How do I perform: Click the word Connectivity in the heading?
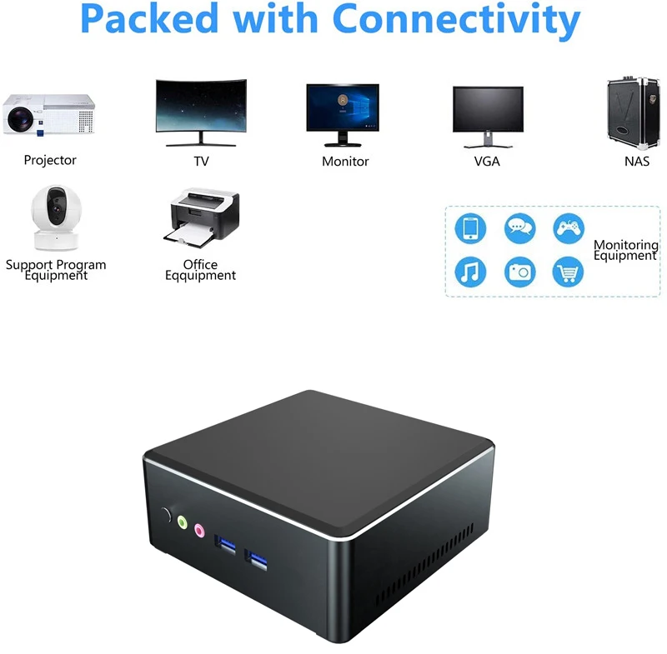click(455, 20)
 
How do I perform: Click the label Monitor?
click(345, 162)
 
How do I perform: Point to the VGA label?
click(487, 162)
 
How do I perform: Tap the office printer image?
click(201, 218)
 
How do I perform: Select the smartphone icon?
click(470, 227)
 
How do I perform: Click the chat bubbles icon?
click(519, 227)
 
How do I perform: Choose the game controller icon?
click(569, 227)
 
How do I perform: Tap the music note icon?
click(470, 272)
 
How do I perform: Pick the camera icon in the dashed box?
click(519, 272)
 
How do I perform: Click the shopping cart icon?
click(569, 272)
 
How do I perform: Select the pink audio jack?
click(199, 529)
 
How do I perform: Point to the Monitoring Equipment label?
click(625, 251)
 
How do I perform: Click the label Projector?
click(50, 160)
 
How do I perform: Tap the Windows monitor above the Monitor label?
click(343, 111)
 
